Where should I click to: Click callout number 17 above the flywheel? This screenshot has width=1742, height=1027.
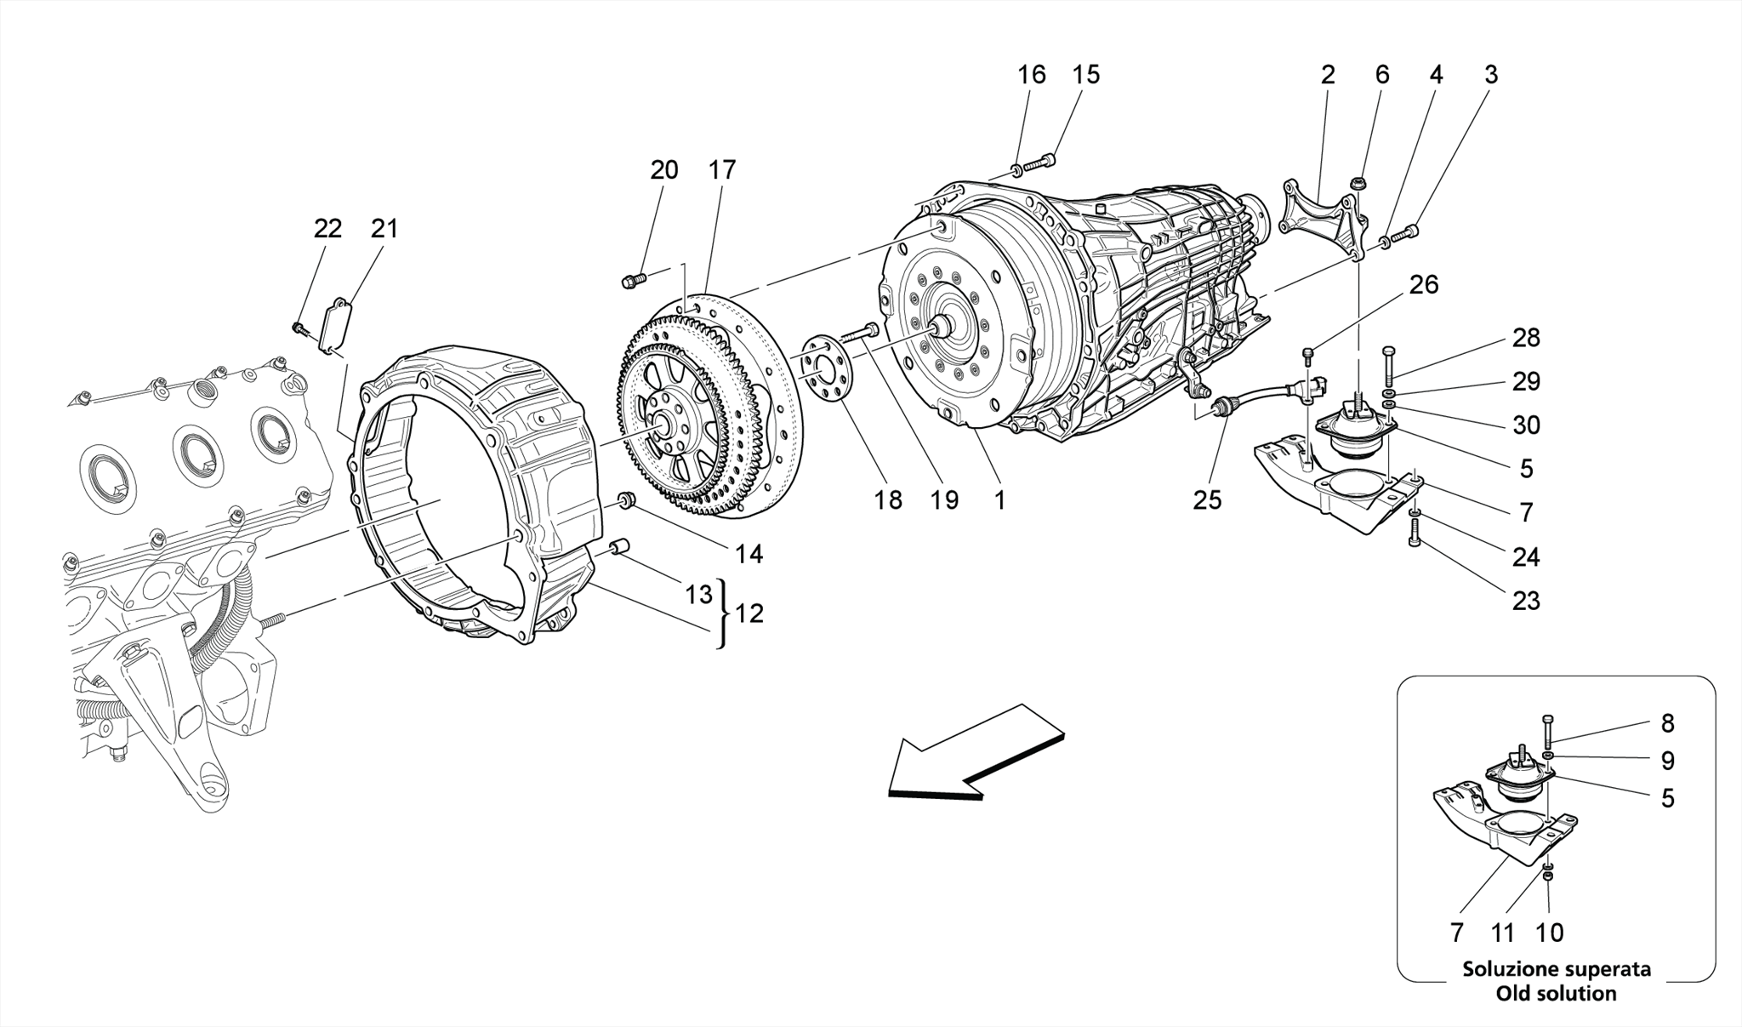[x=721, y=170]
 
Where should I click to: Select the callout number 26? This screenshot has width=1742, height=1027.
[x=1423, y=284]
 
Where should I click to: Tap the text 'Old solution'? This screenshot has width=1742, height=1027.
[x=1557, y=993]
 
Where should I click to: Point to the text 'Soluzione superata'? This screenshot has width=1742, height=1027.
[x=1557, y=969]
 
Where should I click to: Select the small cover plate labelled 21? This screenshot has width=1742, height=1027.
[x=335, y=323]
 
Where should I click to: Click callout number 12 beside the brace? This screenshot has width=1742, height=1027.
[x=749, y=613]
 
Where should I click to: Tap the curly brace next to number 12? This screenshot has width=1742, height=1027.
[x=723, y=614]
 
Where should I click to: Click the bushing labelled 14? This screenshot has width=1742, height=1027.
[x=627, y=500]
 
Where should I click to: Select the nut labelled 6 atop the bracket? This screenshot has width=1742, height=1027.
[x=1359, y=183]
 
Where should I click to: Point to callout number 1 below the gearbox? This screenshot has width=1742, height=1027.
[x=999, y=500]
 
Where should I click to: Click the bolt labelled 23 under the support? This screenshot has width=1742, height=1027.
[x=1415, y=533]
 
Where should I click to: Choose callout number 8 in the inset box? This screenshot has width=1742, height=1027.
[x=1667, y=723]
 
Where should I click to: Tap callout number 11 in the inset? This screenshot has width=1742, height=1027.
[x=1503, y=933]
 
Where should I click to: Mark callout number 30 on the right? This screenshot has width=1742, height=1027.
[x=1526, y=425]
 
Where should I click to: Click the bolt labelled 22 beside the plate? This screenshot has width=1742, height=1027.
[x=299, y=327]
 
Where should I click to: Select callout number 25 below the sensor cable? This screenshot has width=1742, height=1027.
[x=1206, y=500]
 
